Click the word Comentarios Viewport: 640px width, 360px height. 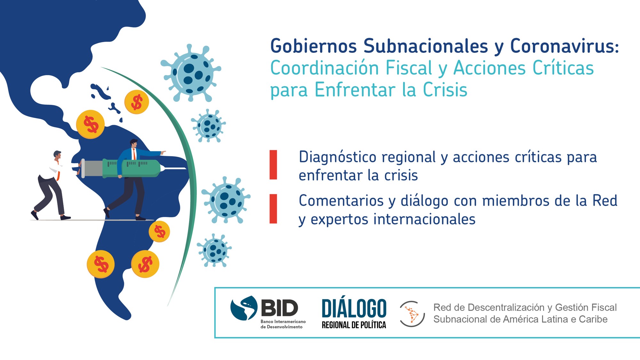point(341,201)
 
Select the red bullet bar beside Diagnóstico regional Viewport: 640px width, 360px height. point(273,164)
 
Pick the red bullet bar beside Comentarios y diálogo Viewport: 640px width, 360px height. point(273,209)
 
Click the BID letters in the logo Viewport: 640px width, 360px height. point(279,308)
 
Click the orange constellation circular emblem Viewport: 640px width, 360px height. point(412,314)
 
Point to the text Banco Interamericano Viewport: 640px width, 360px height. point(283,321)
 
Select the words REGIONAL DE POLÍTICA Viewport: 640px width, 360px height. point(354,325)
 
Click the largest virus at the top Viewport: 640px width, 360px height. point(191,73)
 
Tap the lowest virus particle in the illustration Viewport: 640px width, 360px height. point(214,250)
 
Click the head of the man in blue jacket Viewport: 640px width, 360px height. point(134,144)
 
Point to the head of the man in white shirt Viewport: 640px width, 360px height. point(58,155)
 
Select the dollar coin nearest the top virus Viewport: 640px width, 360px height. point(137,102)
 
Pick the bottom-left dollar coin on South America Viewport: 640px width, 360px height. point(101,264)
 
